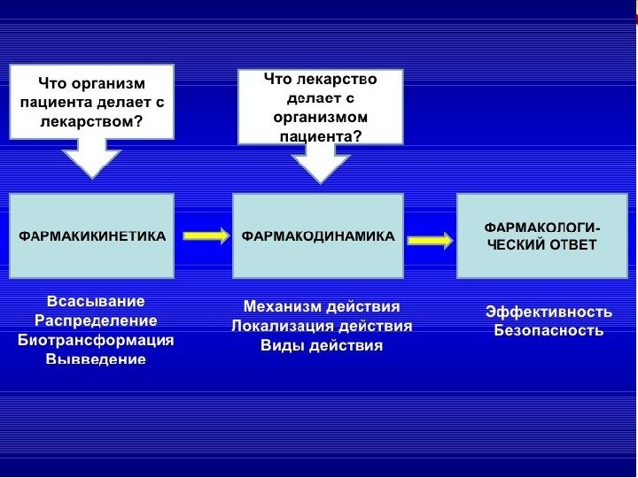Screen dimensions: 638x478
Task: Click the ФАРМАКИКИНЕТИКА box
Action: click(x=91, y=236)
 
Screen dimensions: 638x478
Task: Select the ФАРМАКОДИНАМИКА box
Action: click(x=317, y=236)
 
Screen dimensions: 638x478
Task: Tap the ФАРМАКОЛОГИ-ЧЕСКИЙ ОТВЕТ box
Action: click(x=541, y=236)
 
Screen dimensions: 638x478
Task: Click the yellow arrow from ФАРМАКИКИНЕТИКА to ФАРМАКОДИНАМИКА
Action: click(x=206, y=235)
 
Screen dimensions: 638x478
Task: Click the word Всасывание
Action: click(x=96, y=302)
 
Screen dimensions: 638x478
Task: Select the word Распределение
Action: click(x=96, y=320)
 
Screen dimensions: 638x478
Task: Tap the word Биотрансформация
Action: click(x=96, y=340)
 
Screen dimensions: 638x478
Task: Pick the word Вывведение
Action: click(x=96, y=359)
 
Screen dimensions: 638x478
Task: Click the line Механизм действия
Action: click(x=322, y=307)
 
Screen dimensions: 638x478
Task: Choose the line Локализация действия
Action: click(x=322, y=327)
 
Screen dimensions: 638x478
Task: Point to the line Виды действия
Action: click(x=322, y=346)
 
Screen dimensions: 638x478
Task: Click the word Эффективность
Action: click(x=549, y=312)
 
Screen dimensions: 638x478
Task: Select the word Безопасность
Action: click(x=549, y=331)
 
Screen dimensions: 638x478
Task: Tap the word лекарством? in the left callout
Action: click(x=91, y=121)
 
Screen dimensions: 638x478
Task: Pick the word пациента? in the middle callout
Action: click(x=321, y=136)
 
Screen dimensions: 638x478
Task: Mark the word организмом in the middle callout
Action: click(x=321, y=117)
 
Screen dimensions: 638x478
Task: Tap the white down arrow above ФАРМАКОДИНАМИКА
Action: click(x=321, y=164)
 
